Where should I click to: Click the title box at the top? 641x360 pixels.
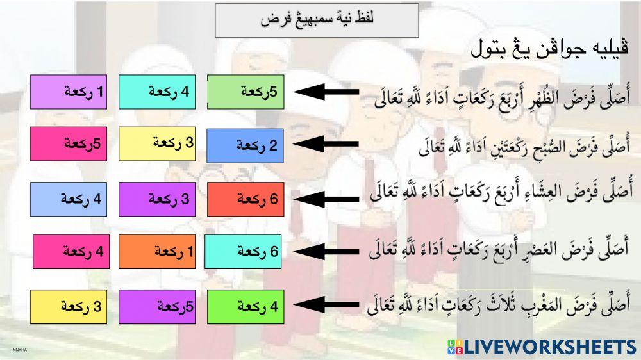click(x=317, y=20)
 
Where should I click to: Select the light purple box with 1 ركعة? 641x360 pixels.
click(x=69, y=92)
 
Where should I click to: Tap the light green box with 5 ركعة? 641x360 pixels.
click(x=246, y=92)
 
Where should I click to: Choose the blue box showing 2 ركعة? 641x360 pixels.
click(x=246, y=146)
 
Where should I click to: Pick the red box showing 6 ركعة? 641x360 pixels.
click(x=246, y=199)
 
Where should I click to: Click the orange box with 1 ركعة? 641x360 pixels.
click(x=158, y=252)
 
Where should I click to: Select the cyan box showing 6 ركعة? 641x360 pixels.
click(x=243, y=252)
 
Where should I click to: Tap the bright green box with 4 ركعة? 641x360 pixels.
click(x=246, y=307)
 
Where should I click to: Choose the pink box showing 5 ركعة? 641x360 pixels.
click(x=69, y=144)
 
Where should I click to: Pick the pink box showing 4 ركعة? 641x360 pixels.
click(x=71, y=252)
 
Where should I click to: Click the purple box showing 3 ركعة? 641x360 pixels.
click(x=158, y=199)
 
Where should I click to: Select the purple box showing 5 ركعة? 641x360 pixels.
click(x=158, y=307)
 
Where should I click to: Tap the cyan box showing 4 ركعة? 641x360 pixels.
click(x=158, y=92)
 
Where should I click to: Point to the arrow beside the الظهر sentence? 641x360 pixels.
click(x=326, y=92)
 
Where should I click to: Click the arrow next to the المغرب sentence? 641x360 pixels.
click(x=326, y=305)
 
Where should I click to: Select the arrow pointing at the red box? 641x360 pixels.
click(x=326, y=199)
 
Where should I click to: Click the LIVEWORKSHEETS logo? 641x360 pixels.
click(x=541, y=347)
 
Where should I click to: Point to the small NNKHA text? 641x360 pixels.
click(x=20, y=350)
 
